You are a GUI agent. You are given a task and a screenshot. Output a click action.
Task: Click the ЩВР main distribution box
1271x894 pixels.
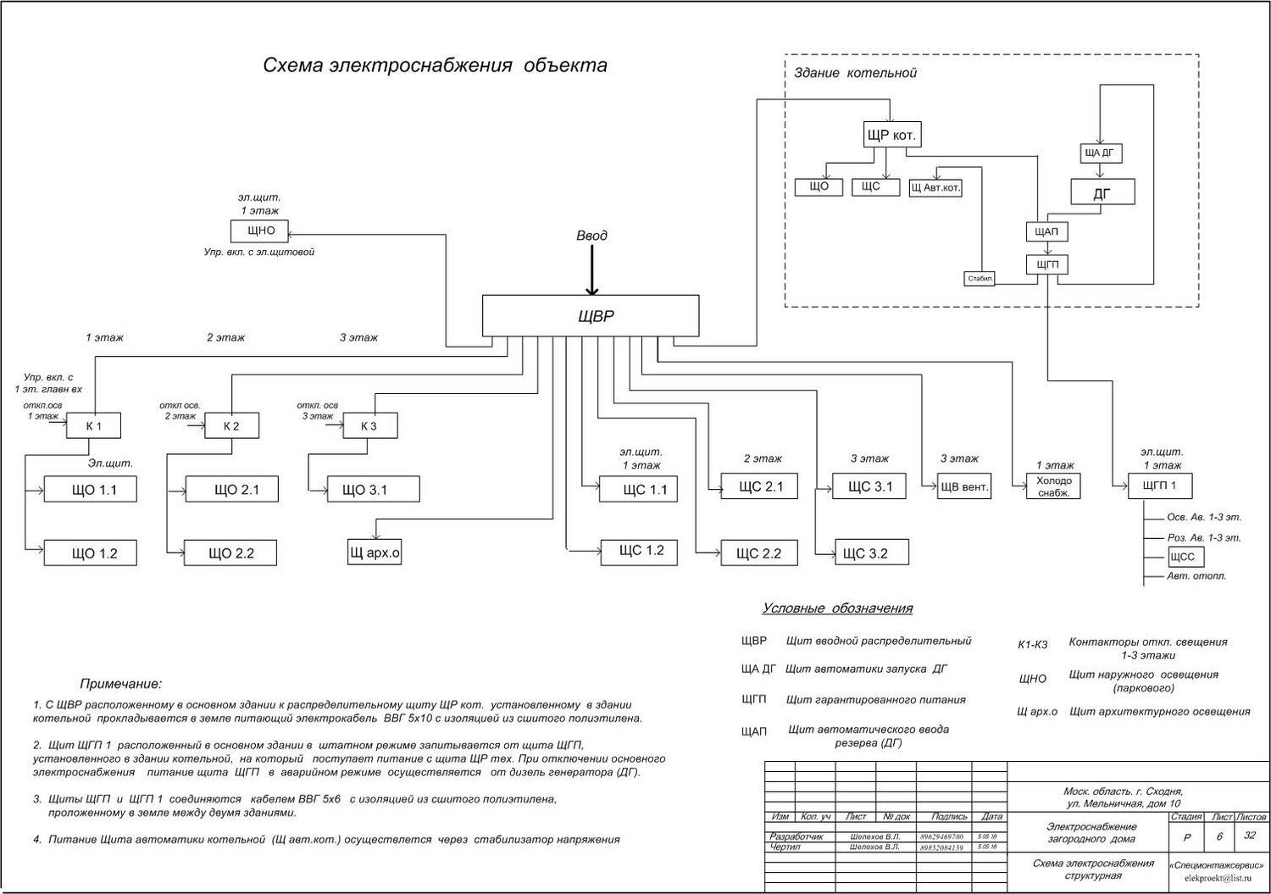tap(591, 315)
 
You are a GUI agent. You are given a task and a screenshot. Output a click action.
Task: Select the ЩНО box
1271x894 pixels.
tap(259, 231)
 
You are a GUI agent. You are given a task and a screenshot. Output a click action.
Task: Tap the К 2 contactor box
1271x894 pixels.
tap(231, 425)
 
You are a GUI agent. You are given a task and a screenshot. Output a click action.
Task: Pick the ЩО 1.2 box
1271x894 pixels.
tap(90, 553)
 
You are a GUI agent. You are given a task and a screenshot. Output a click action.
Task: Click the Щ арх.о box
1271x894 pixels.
tap(375, 553)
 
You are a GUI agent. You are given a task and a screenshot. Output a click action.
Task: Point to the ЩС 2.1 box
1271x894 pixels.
tap(758, 486)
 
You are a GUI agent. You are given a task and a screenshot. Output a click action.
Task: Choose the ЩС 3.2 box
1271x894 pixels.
tap(871, 553)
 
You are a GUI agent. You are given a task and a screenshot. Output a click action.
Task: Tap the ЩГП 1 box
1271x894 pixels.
tap(1160, 486)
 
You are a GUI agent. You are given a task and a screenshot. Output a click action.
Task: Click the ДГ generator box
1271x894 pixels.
tap(1102, 193)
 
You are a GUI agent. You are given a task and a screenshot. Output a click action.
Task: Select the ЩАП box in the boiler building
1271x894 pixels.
tap(1047, 231)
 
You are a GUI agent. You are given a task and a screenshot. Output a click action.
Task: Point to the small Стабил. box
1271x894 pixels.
tap(980, 278)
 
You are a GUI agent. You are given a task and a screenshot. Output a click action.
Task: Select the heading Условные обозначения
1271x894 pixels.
tap(837, 608)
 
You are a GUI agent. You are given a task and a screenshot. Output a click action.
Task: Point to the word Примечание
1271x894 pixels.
tap(120, 684)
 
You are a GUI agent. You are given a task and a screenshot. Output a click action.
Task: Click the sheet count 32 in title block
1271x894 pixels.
tap(1249, 835)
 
